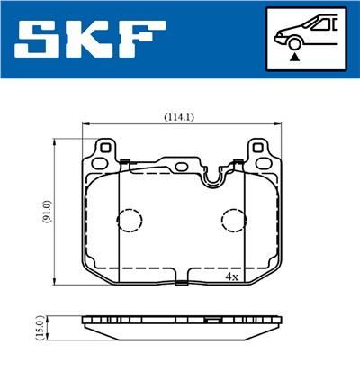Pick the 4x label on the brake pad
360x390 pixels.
pyautogui.click(x=231, y=276)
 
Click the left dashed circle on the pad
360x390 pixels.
pyautogui.click(x=130, y=222)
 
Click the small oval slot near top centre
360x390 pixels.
pyautogui.click(x=181, y=166)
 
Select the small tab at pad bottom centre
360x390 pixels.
pyautogui.click(x=182, y=284)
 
